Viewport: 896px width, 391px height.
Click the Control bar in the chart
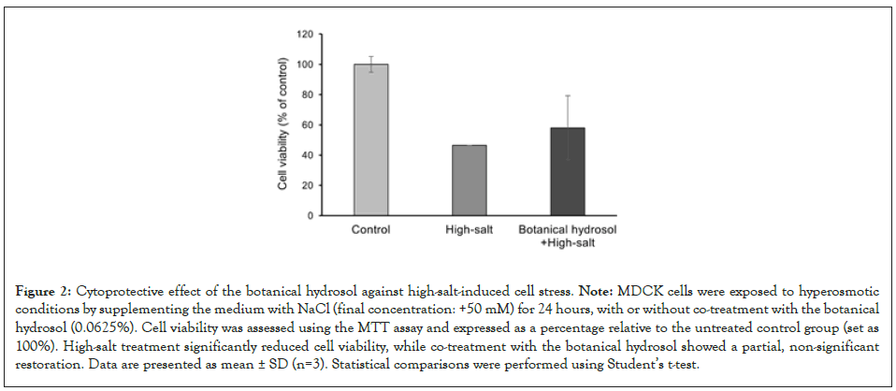(x=370, y=140)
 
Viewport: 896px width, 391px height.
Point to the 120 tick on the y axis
(x=304, y=35)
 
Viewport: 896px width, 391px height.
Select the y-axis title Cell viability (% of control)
(x=282, y=125)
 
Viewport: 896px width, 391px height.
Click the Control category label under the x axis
(x=370, y=228)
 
